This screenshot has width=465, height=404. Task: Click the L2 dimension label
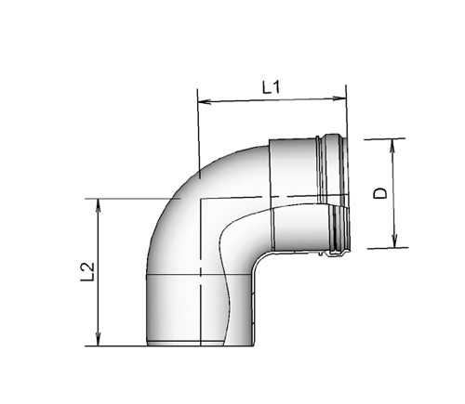[86, 272]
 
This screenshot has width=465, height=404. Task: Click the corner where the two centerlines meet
[199, 197]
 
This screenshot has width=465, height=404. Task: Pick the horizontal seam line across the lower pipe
[195, 276]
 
